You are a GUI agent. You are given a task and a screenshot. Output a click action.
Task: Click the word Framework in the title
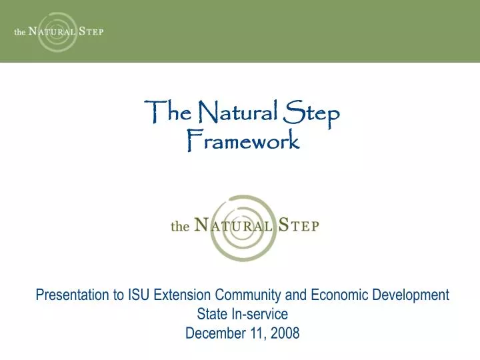(242, 141)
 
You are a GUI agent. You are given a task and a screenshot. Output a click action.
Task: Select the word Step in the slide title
(312, 115)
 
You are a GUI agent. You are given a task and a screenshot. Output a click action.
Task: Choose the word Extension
(181, 294)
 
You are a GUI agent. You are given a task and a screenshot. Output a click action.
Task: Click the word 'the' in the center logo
(180, 227)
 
